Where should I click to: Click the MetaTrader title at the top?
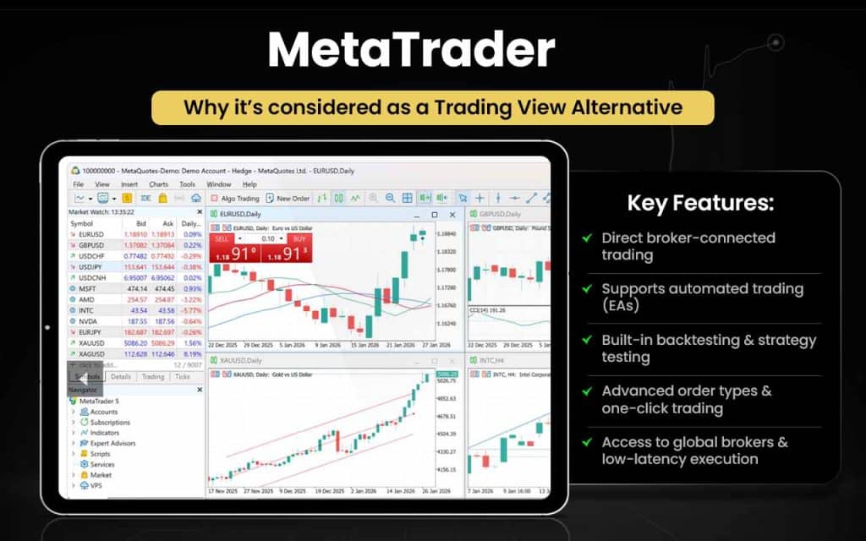click(411, 52)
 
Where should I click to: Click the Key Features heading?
click(699, 203)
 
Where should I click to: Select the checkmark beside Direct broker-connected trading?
click(586, 238)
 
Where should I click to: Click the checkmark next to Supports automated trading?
click(586, 289)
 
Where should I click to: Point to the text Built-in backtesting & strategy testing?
click(709, 348)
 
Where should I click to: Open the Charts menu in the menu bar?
click(158, 184)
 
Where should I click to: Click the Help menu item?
click(249, 184)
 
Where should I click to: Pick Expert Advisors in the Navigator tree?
click(112, 443)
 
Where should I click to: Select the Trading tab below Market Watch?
click(153, 377)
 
